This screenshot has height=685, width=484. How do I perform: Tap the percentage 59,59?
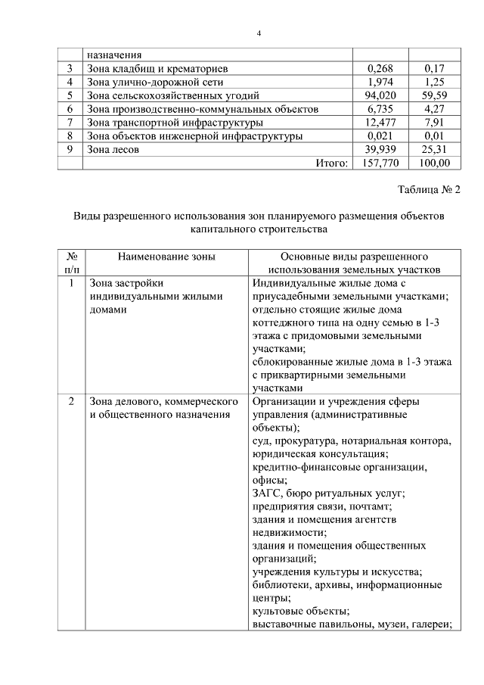[434, 95]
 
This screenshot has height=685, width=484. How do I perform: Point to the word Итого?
[325, 163]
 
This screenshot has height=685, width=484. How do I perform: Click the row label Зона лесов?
[113, 150]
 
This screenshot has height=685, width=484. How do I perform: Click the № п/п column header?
[72, 263]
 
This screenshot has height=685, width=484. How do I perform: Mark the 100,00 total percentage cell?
[433, 163]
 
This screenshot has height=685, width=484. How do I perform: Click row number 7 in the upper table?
[70, 123]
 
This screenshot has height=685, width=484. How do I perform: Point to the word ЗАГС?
[266, 493]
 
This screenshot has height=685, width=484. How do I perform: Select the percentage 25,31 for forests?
[434, 150]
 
